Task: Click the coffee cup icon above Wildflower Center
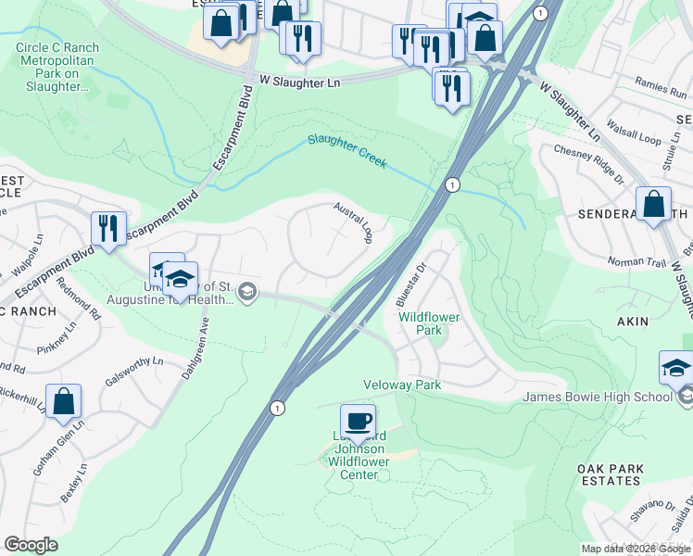click(358, 421)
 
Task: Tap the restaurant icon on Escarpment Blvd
click(108, 228)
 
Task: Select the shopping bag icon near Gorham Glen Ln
click(63, 401)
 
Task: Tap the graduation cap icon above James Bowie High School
click(676, 367)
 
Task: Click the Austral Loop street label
click(353, 222)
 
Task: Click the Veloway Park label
click(402, 385)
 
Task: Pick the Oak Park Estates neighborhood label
click(610, 475)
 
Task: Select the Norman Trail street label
click(636, 262)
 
